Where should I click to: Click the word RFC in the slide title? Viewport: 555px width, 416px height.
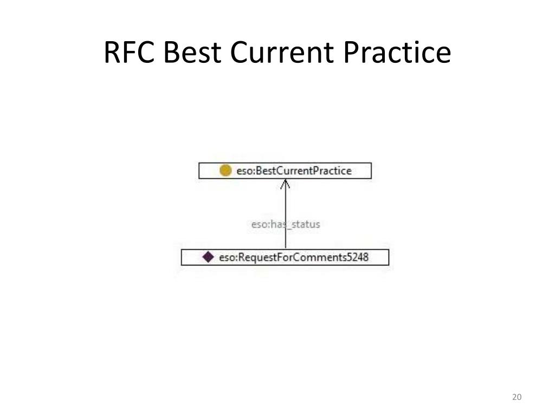coord(129,53)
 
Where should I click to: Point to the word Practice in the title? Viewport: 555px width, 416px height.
coord(398,53)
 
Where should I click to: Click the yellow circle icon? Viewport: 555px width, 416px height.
coord(225,171)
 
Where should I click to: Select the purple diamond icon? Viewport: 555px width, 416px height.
coord(208,257)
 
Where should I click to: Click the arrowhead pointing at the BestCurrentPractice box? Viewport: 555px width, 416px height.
coord(286,184)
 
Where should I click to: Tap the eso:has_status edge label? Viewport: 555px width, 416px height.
coord(286,224)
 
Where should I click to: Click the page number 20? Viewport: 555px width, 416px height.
coord(517,398)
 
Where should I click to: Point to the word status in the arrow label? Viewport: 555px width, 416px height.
coord(305,224)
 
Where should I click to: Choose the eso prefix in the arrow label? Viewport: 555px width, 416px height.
coord(259,224)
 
